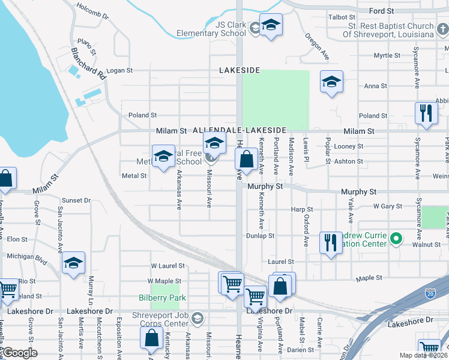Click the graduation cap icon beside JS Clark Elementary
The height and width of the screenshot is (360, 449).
click(x=271, y=25)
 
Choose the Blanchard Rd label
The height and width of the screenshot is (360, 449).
click(x=88, y=64)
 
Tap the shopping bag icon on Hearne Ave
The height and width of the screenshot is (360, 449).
click(x=246, y=160)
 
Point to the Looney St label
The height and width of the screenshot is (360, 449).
click(x=349, y=146)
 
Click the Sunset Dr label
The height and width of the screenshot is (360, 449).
click(x=76, y=200)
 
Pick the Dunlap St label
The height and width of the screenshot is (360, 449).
click(x=260, y=236)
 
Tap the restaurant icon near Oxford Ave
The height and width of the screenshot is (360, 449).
click(x=330, y=242)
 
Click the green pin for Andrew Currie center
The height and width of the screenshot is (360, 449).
click(x=396, y=239)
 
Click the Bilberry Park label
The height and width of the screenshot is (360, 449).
click(x=168, y=298)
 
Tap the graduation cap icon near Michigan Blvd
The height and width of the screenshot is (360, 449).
click(x=73, y=263)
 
